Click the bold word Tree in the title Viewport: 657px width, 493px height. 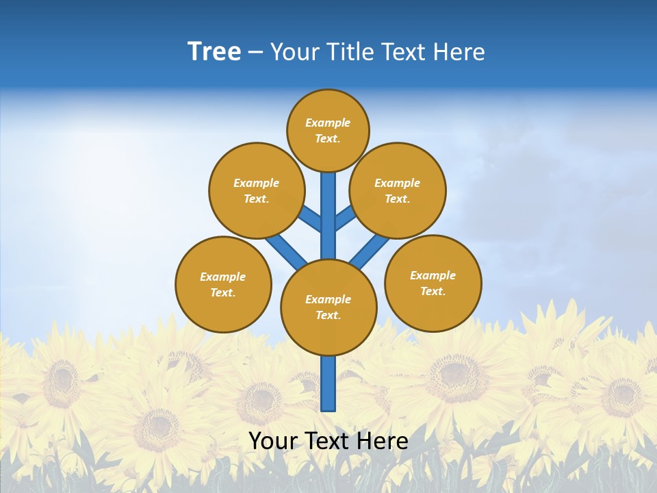click(214, 52)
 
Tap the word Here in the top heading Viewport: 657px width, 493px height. click(459, 52)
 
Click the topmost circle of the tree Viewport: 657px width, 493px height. click(328, 130)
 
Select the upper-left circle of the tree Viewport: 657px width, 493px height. click(257, 190)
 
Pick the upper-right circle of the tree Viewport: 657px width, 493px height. click(398, 190)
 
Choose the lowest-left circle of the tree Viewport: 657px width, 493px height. click(223, 284)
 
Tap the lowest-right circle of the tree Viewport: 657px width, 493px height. click(433, 283)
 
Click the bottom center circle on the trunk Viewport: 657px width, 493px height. click(328, 307)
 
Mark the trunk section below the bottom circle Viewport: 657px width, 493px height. click(328, 383)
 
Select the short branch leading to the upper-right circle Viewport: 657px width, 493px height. click(345, 218)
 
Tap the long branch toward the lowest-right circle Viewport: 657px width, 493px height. click(370, 252)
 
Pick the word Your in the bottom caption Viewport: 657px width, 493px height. click(273, 441)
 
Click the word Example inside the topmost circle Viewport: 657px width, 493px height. click(328, 123)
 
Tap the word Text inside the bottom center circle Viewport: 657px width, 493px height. click(328, 315)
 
